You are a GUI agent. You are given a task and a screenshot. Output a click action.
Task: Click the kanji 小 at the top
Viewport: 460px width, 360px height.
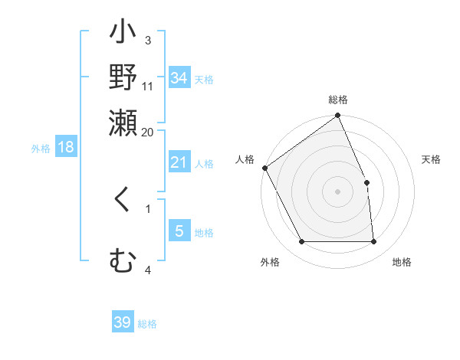[x=123, y=34]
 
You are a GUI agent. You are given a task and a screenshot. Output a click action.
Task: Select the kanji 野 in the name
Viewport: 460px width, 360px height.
[x=123, y=77]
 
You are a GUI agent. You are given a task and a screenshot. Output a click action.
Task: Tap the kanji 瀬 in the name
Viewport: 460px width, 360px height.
[x=123, y=123]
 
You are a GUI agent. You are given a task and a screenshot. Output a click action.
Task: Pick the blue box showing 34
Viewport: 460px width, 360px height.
[x=179, y=78]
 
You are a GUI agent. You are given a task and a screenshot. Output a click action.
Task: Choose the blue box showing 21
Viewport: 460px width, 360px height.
[x=179, y=162]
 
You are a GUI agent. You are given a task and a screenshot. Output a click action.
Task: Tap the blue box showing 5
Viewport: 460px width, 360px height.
[x=179, y=231]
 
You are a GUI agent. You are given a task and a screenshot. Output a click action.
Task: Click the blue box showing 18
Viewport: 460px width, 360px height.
[x=66, y=148]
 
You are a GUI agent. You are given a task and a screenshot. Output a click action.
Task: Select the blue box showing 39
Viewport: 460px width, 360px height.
[x=123, y=323]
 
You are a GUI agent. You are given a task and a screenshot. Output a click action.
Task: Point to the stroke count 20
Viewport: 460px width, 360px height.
[x=147, y=132]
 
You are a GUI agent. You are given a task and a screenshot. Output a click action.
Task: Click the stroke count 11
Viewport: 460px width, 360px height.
[x=148, y=85]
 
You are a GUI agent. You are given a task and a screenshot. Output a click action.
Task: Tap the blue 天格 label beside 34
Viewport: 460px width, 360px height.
[x=204, y=79]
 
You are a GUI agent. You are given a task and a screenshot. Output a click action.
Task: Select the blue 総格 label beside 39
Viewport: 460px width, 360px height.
[x=148, y=324]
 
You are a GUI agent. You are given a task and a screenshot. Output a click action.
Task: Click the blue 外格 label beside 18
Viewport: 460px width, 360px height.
[x=41, y=149]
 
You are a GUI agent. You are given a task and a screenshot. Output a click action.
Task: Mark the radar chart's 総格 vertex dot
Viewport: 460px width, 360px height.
[x=337, y=116]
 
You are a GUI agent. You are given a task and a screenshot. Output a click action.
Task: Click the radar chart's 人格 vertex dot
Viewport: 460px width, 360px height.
[x=265, y=168]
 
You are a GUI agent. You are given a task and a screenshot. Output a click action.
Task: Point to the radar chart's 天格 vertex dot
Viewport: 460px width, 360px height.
[x=366, y=182]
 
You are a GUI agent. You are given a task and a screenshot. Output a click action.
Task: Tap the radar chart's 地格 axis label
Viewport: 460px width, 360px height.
[x=402, y=263]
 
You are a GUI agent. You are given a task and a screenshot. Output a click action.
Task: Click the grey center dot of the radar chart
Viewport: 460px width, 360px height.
[x=337, y=191]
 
